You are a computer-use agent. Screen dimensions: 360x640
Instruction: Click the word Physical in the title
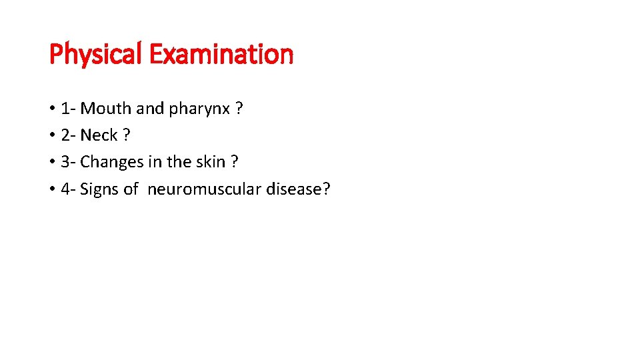(x=97, y=54)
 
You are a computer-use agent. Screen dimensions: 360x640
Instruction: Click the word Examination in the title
(x=221, y=54)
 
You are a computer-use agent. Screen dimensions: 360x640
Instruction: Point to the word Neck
(x=99, y=135)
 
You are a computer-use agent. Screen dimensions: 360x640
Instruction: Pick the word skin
(x=210, y=162)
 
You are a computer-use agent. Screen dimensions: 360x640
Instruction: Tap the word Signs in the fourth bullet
(x=99, y=190)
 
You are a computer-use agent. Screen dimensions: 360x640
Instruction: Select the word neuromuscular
(x=205, y=189)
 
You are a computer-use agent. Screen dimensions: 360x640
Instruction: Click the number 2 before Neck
(x=65, y=135)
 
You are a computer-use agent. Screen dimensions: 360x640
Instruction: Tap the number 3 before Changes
(x=65, y=163)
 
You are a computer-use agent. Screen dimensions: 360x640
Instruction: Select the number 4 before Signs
(x=65, y=189)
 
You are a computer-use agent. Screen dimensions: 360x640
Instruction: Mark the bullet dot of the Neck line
(x=52, y=136)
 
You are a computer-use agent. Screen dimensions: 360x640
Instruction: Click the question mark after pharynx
(x=239, y=108)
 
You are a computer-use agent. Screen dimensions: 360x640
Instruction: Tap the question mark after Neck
(x=127, y=135)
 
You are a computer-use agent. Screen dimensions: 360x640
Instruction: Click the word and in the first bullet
(x=150, y=108)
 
